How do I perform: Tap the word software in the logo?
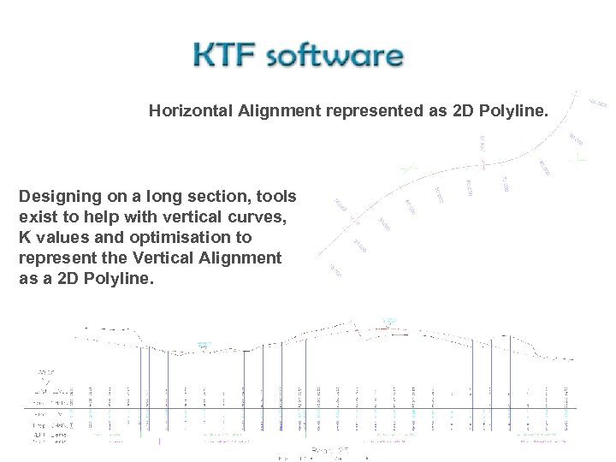pyautogui.click(x=336, y=56)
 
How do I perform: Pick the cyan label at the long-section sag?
pyautogui.click(x=204, y=345)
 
